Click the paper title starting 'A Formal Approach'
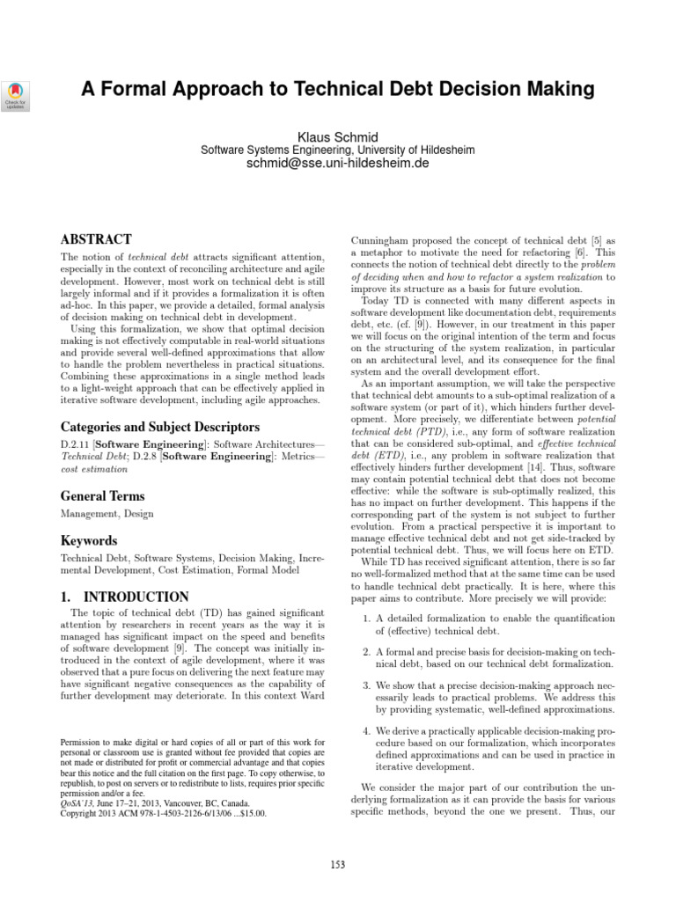(338, 89)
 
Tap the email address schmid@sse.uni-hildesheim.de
(338, 164)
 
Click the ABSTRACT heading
(96, 239)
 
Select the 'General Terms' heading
(103, 496)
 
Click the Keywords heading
(88, 541)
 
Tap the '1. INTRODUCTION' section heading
(124, 597)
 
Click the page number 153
(338, 865)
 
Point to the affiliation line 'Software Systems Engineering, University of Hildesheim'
(338, 150)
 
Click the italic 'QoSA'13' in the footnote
(77, 803)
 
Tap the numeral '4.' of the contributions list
(367, 730)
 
